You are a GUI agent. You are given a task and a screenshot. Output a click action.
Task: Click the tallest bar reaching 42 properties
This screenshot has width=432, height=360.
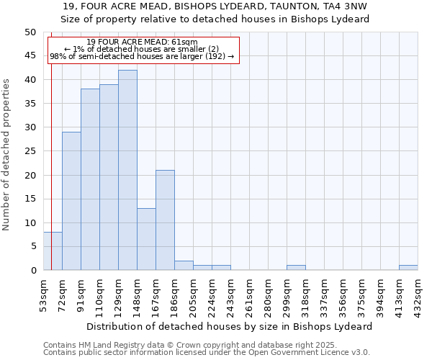point(127,170)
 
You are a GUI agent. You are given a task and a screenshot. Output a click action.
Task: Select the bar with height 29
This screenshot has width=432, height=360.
point(71,201)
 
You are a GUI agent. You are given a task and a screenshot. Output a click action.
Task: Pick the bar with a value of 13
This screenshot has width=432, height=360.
point(146,239)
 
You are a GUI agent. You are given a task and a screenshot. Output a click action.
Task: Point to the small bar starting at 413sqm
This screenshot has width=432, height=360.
point(408,268)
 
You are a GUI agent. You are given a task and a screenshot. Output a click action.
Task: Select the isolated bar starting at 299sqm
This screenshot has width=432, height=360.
point(296,268)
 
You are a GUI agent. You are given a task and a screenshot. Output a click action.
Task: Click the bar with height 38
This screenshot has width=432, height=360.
point(90,179)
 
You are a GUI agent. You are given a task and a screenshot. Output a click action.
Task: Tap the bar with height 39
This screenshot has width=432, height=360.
point(109,177)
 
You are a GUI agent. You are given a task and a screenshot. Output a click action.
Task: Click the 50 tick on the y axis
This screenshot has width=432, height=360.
point(30,32)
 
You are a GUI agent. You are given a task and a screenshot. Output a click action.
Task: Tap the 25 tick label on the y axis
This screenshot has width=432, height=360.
point(30,151)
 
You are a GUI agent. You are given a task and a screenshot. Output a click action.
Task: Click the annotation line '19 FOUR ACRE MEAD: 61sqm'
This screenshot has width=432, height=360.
point(142,42)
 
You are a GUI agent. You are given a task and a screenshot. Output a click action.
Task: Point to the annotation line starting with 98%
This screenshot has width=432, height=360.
point(142,56)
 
